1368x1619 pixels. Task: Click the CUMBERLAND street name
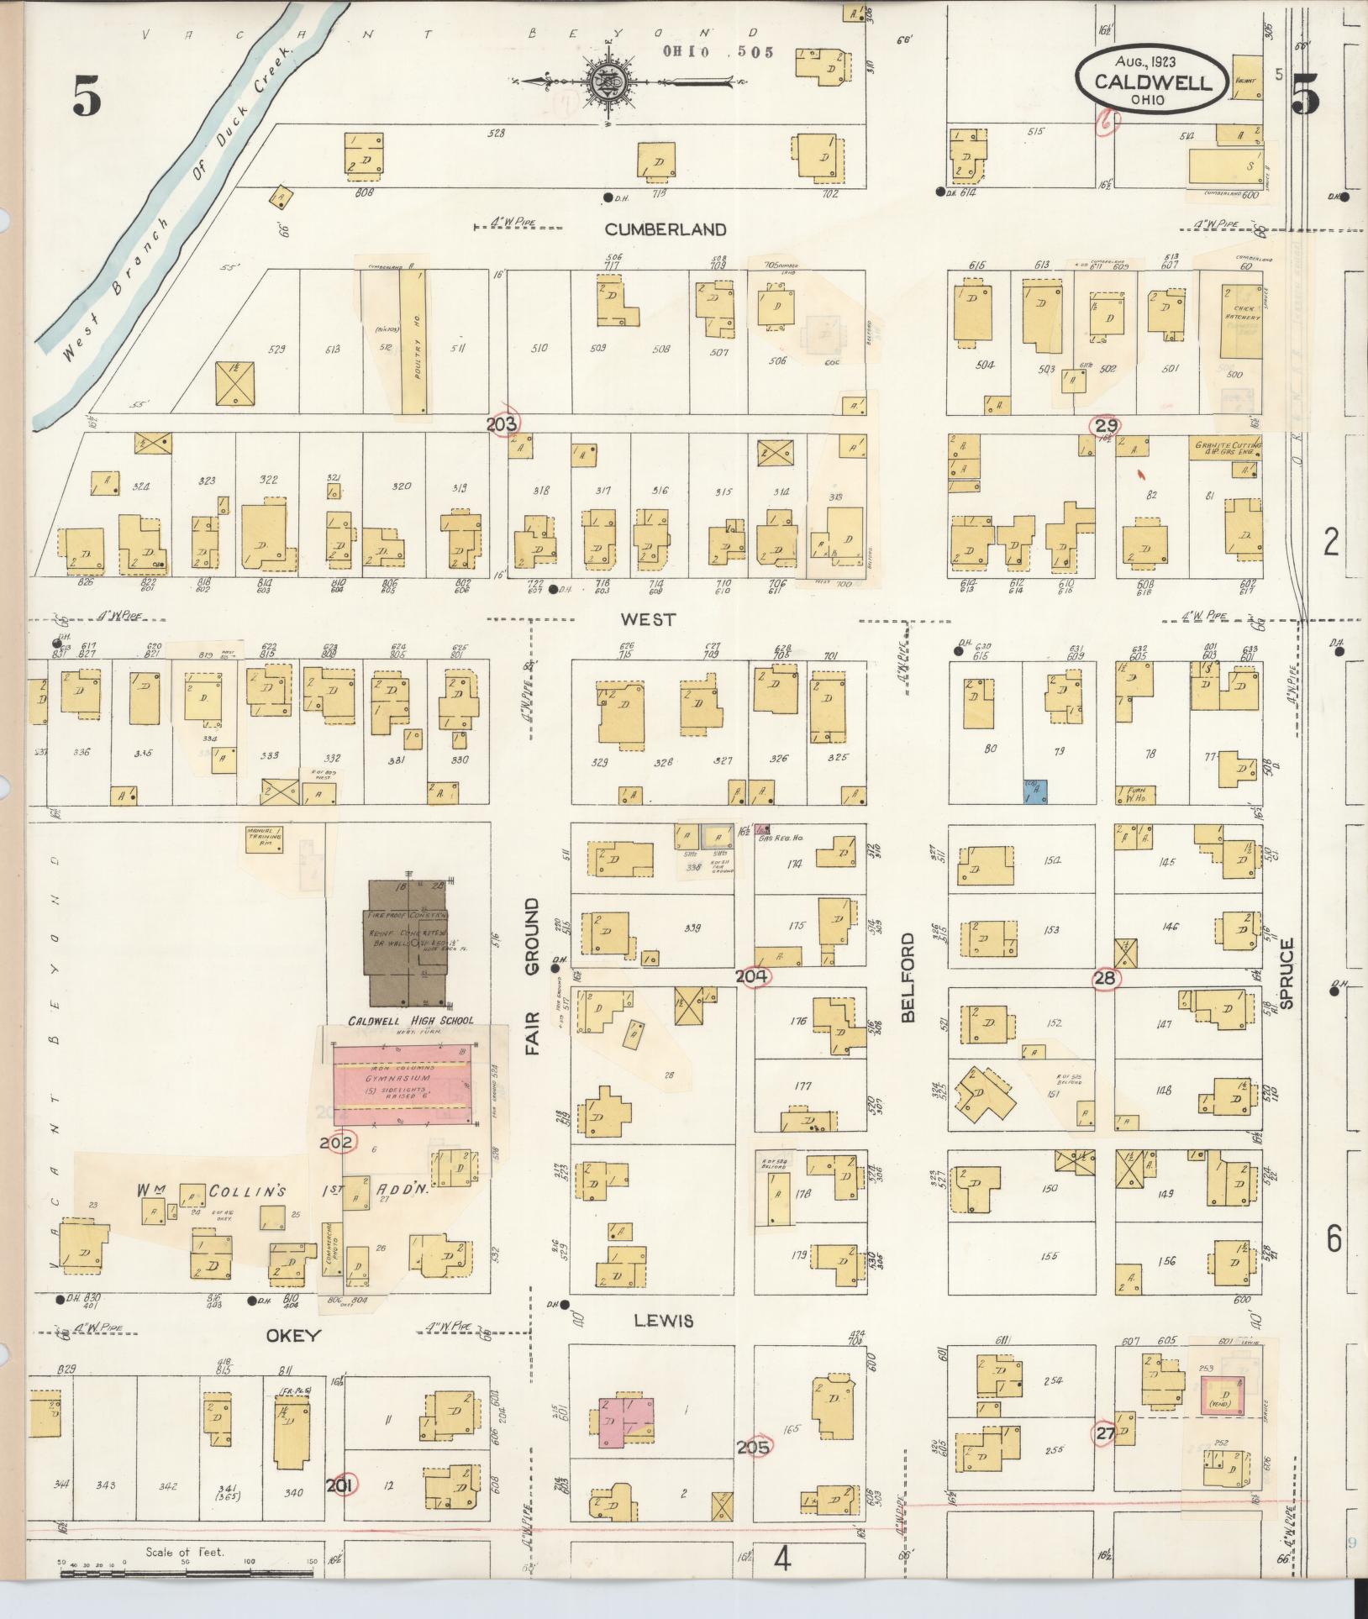[665, 229]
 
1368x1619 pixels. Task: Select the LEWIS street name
[663, 1321]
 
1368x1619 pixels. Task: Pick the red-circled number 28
[1105, 978]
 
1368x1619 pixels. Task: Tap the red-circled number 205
[754, 1446]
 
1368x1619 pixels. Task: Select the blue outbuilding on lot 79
[1036, 791]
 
